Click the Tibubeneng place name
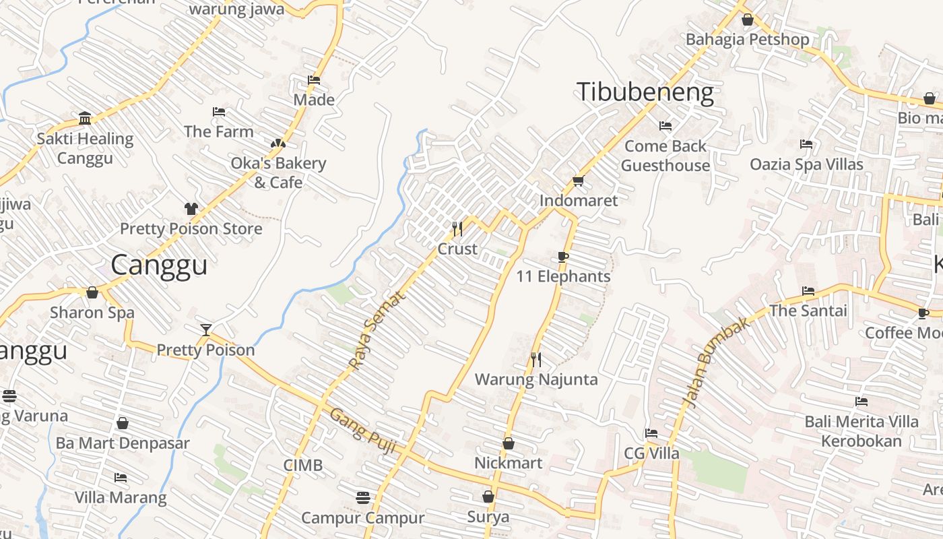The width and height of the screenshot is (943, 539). (645, 92)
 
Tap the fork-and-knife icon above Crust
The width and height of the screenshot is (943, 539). (457, 229)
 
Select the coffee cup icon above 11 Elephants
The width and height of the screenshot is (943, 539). (563, 257)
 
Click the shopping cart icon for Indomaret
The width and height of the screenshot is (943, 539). (578, 181)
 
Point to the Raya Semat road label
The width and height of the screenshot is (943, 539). (378, 330)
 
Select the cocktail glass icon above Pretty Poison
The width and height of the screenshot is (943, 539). (206, 329)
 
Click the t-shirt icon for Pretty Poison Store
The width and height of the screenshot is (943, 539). (191, 208)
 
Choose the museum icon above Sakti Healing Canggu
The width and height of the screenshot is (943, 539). (85, 119)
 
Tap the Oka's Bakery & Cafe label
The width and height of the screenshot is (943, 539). (278, 172)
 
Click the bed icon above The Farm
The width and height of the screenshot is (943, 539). (219, 111)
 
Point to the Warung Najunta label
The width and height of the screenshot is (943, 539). (536, 379)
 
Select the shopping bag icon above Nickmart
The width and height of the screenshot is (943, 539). (509, 443)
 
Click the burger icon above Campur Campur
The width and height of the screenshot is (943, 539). (363, 498)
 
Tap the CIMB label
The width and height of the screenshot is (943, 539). (302, 465)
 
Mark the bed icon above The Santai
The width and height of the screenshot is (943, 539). (808, 291)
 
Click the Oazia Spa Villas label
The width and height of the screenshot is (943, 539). (806, 164)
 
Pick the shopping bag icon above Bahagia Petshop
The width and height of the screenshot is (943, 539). (747, 20)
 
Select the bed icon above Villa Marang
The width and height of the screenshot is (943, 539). (121, 478)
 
